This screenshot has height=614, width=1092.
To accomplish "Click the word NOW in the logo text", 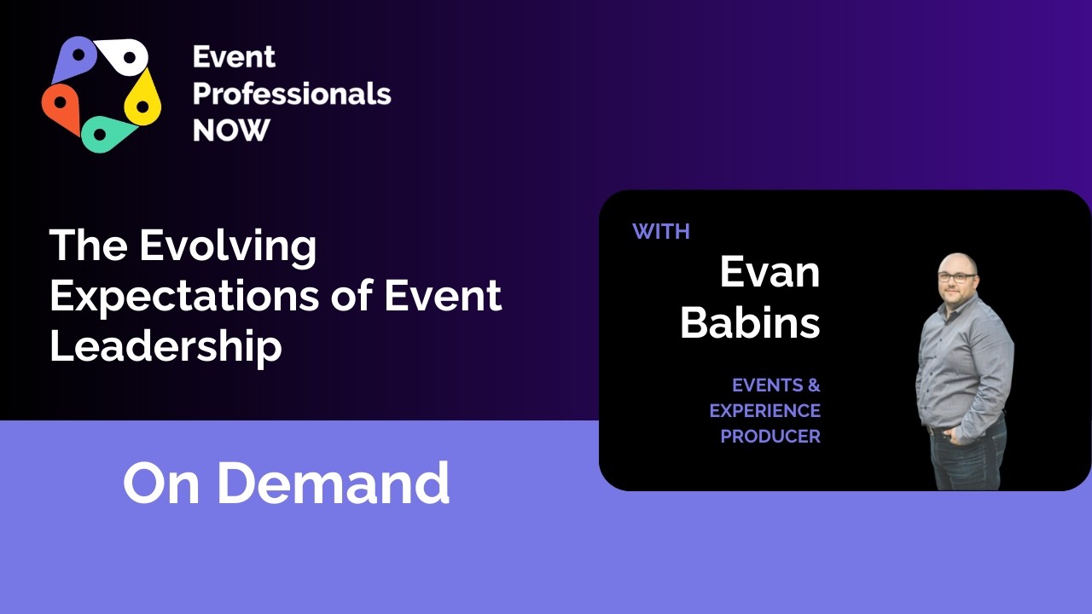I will click(231, 130).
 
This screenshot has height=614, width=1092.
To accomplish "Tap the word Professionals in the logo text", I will click(292, 94).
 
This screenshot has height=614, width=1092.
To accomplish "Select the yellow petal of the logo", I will click(143, 98).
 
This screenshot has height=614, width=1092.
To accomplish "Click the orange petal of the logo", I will click(62, 106).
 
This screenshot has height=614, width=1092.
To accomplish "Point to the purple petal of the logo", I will click(75, 58).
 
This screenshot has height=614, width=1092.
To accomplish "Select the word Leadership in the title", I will click(166, 345).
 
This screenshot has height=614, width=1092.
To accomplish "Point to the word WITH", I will click(661, 231).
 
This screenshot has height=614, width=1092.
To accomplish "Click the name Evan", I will click(770, 273).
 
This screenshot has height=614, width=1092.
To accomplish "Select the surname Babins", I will click(750, 323).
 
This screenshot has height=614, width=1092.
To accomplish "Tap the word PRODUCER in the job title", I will click(770, 437).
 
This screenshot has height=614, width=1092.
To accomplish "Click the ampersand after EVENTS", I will click(813, 385).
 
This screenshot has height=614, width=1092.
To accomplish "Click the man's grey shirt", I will click(964, 358).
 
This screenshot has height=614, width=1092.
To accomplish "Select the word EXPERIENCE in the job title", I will click(765, 411).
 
